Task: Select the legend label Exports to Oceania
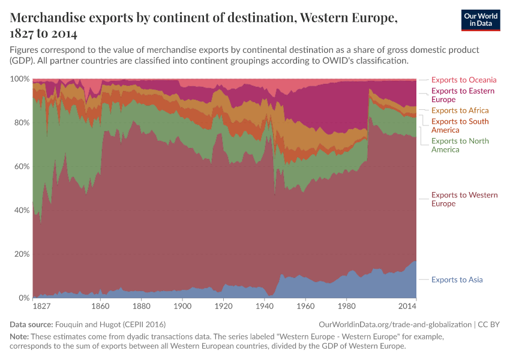[464, 80]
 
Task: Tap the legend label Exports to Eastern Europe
[463, 95]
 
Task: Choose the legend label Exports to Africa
[460, 110]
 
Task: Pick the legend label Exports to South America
[460, 126]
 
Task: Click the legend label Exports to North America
[460, 145]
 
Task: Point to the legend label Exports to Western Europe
[464, 199]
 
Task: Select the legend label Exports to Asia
[457, 280]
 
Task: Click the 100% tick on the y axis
[20, 79]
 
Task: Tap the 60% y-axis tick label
[22, 167]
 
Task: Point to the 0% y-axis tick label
[24, 298]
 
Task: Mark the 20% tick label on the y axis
[22, 254]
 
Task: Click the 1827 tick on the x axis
[41, 306]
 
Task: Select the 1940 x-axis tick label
[265, 306]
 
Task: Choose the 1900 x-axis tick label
[182, 306]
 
